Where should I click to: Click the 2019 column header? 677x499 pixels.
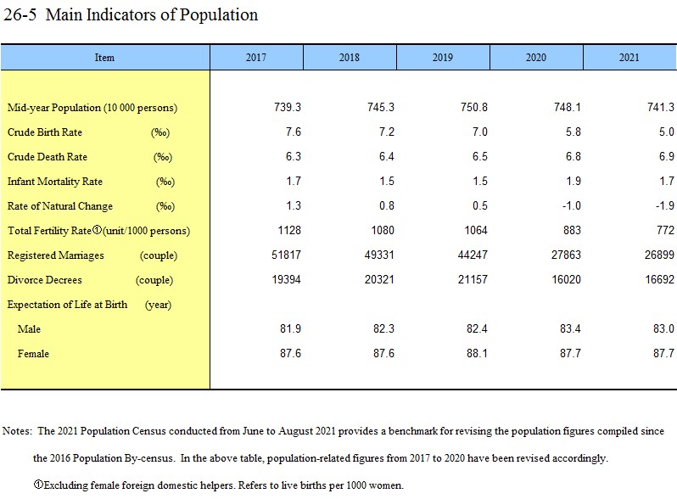coord(442,58)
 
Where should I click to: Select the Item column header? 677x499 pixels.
coord(104,58)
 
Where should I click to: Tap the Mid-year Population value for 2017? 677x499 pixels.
coord(288,108)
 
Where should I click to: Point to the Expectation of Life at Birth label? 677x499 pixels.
coord(67,305)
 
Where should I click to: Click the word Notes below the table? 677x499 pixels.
coord(17,431)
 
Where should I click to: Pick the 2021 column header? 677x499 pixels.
coord(629,58)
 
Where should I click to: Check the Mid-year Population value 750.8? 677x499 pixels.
coord(474,108)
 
